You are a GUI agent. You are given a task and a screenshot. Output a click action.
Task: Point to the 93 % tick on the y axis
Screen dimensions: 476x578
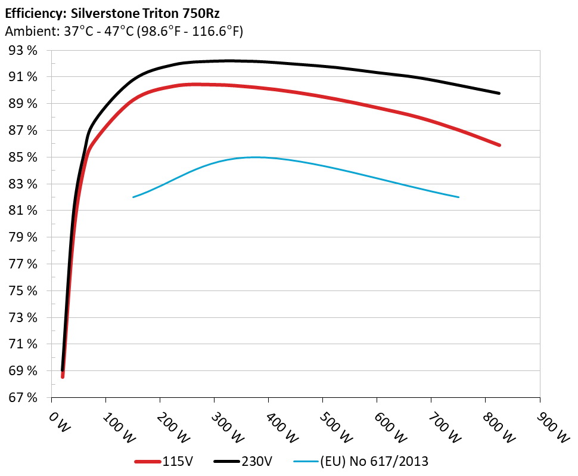24,51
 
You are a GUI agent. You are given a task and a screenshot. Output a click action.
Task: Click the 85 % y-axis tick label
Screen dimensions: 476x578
24,157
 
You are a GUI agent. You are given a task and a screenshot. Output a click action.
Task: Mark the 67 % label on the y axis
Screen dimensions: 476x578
24,398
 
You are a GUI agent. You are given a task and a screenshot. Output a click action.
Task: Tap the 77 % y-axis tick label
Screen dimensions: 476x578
24,264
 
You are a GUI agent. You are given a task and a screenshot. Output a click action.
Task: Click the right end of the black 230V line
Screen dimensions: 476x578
499,93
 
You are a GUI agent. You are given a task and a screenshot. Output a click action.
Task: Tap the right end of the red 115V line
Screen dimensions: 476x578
499,145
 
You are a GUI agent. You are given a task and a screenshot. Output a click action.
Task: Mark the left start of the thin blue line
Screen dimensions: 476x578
133,197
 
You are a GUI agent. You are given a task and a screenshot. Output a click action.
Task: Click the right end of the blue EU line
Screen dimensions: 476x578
459,197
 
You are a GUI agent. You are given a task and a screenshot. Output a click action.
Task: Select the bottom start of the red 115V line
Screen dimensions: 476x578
63,376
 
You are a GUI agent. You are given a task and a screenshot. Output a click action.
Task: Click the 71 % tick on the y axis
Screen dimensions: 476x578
24,344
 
